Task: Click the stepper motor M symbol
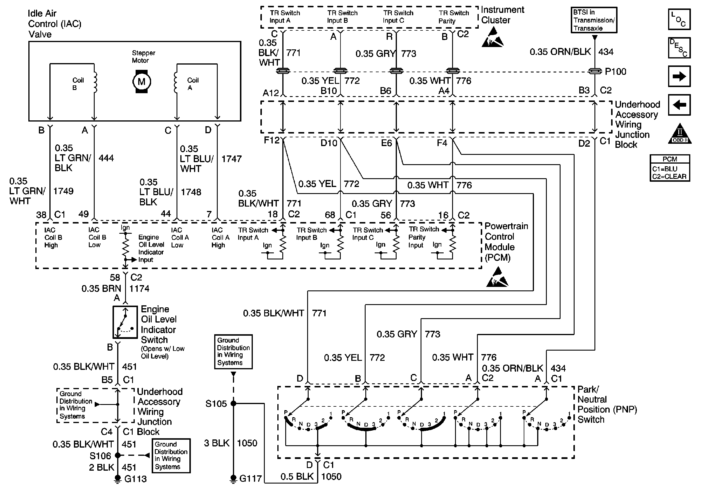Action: [141, 82]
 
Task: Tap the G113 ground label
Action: [135, 479]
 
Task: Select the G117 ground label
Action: [250, 478]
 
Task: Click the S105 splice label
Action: [216, 404]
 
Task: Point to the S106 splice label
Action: [100, 456]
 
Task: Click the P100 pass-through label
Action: [615, 72]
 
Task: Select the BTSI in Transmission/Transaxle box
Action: [594, 20]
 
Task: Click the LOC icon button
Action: [679, 19]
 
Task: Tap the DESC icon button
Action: [679, 48]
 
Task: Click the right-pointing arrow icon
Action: [679, 76]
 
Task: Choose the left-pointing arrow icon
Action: [679, 105]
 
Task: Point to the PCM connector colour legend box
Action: [670, 168]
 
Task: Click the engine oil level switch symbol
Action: [125, 322]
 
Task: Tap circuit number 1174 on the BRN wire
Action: [139, 288]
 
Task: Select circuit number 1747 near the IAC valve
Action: [231, 159]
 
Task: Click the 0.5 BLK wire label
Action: [297, 477]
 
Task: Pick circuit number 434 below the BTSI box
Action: [606, 52]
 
